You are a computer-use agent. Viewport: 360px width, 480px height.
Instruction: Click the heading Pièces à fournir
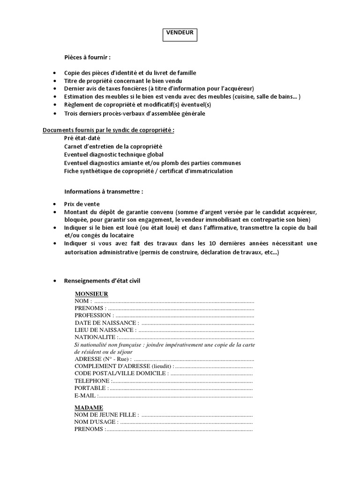tap(87, 57)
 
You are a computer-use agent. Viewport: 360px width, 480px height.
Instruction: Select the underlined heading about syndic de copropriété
tap(108, 130)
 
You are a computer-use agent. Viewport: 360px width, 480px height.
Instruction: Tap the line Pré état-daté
tap(82, 138)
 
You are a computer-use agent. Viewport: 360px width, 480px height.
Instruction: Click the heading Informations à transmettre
tap(103, 192)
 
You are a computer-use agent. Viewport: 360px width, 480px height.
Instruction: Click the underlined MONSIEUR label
tap(91, 294)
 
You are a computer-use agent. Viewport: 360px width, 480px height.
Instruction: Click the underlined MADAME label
tap(89, 407)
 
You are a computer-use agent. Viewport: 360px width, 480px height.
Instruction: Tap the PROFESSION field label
tap(94, 315)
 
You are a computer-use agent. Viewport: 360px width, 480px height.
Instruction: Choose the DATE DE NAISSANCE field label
tap(106, 323)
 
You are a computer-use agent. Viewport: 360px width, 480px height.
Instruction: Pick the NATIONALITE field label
tap(95, 337)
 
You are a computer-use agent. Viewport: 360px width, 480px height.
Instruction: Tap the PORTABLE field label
tap(91, 388)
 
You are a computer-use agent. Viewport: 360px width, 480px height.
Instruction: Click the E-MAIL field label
tap(86, 396)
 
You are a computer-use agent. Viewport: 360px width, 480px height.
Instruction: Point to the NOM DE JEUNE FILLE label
tap(106, 414)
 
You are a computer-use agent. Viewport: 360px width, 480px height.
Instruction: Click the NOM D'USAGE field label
tap(96, 422)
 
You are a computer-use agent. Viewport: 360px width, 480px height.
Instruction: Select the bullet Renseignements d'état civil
tap(102, 280)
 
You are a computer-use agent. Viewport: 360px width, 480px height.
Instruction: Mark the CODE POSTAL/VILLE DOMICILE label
tap(121, 373)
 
